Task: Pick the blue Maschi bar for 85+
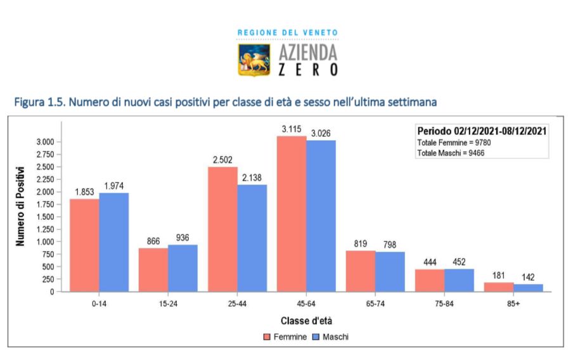[x=528, y=288]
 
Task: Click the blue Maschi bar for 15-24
[x=183, y=268]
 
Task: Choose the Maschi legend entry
[x=330, y=337]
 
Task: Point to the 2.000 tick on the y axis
[x=45, y=191]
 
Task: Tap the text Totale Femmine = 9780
[x=454, y=143]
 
